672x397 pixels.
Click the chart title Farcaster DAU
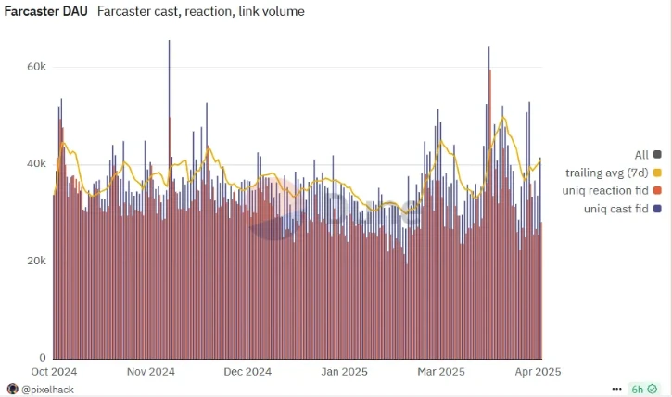(44, 12)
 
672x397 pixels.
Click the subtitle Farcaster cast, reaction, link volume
(200, 12)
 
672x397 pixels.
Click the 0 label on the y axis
(43, 358)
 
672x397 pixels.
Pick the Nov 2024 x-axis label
(151, 372)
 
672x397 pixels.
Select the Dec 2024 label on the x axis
(247, 372)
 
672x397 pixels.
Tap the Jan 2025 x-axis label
(344, 372)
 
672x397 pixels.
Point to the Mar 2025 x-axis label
(441, 372)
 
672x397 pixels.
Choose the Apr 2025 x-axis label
(537, 372)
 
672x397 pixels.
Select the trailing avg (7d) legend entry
(606, 173)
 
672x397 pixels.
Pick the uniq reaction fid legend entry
(605, 191)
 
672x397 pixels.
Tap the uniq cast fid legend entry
(615, 210)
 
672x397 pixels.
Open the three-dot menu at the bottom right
(616, 389)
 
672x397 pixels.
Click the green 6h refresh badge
(641, 389)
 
